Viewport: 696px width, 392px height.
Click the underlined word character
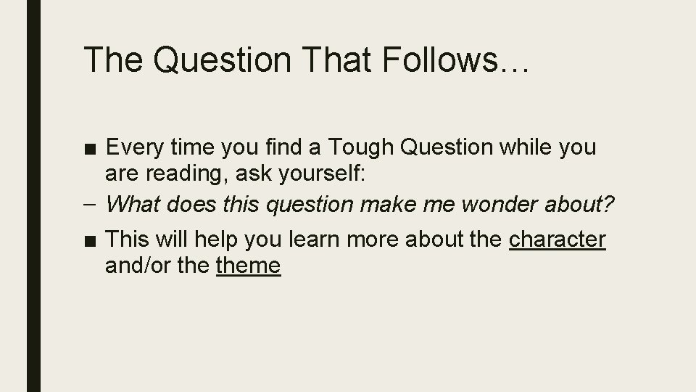coord(558,239)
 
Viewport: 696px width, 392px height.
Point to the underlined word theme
coord(248,265)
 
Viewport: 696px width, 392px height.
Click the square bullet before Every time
coord(92,148)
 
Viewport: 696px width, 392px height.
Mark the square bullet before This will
coord(92,240)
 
